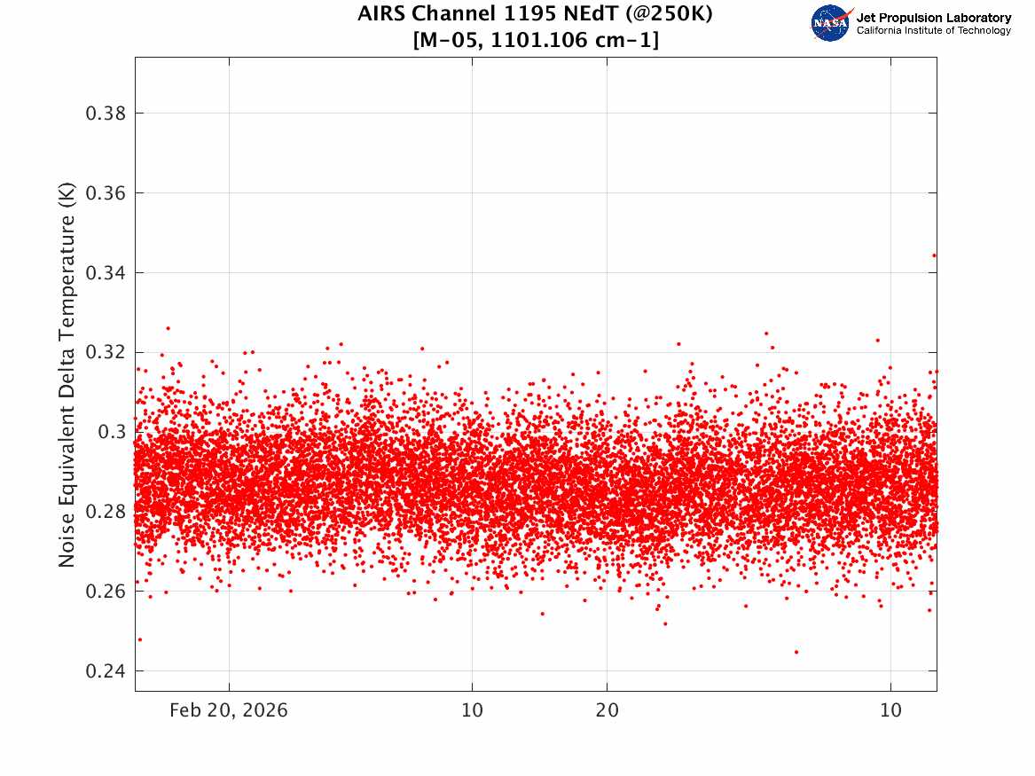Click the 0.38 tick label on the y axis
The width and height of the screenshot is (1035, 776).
coord(106,114)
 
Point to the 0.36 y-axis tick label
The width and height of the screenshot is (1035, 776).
coord(106,193)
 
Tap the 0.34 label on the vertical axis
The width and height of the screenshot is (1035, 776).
coord(106,272)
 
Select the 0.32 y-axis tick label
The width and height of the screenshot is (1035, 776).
coord(106,352)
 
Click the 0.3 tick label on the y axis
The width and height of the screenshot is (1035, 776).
coord(112,432)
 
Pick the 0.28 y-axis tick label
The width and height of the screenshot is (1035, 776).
coord(106,512)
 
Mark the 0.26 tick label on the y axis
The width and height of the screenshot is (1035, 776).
coord(106,592)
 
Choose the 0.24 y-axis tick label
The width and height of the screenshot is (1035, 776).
coord(106,671)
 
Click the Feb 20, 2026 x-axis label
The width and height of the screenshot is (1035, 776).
coord(229,710)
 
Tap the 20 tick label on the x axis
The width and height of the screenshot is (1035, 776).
coord(608,710)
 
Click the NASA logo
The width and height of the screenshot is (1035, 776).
coord(831,23)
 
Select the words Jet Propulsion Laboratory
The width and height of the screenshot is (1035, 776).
coord(934,18)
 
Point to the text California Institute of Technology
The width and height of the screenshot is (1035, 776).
coord(934,30)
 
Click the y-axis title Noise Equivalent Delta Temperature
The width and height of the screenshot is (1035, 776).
coord(67,375)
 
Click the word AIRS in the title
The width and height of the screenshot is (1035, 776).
coord(382,14)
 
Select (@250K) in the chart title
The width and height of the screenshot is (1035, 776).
coord(670,14)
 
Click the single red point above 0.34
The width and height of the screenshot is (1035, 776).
coord(934,255)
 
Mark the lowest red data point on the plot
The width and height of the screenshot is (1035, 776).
coord(796,652)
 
